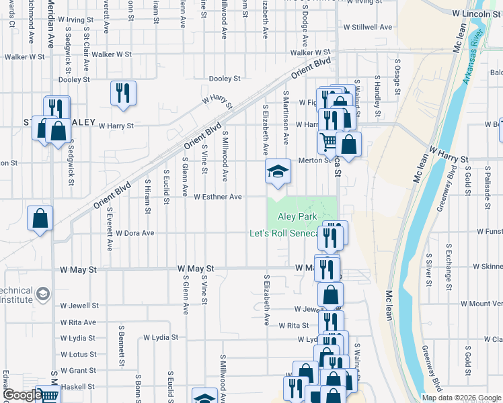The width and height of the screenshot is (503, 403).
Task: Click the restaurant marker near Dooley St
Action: click(x=123, y=93)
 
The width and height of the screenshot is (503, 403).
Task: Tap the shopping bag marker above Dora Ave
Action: click(x=40, y=218)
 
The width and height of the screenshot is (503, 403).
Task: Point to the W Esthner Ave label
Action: click(x=217, y=197)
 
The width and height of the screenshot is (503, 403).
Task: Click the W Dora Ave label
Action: click(x=134, y=233)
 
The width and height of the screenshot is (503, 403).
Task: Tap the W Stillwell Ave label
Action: click(x=367, y=28)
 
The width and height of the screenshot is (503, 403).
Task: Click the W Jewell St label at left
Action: click(x=79, y=305)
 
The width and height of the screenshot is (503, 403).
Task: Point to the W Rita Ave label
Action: click(x=78, y=322)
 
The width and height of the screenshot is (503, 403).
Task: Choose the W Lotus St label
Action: click(x=78, y=354)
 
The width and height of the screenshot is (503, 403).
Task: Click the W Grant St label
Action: click(x=78, y=370)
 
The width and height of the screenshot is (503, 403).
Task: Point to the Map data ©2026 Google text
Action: click(x=461, y=398)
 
